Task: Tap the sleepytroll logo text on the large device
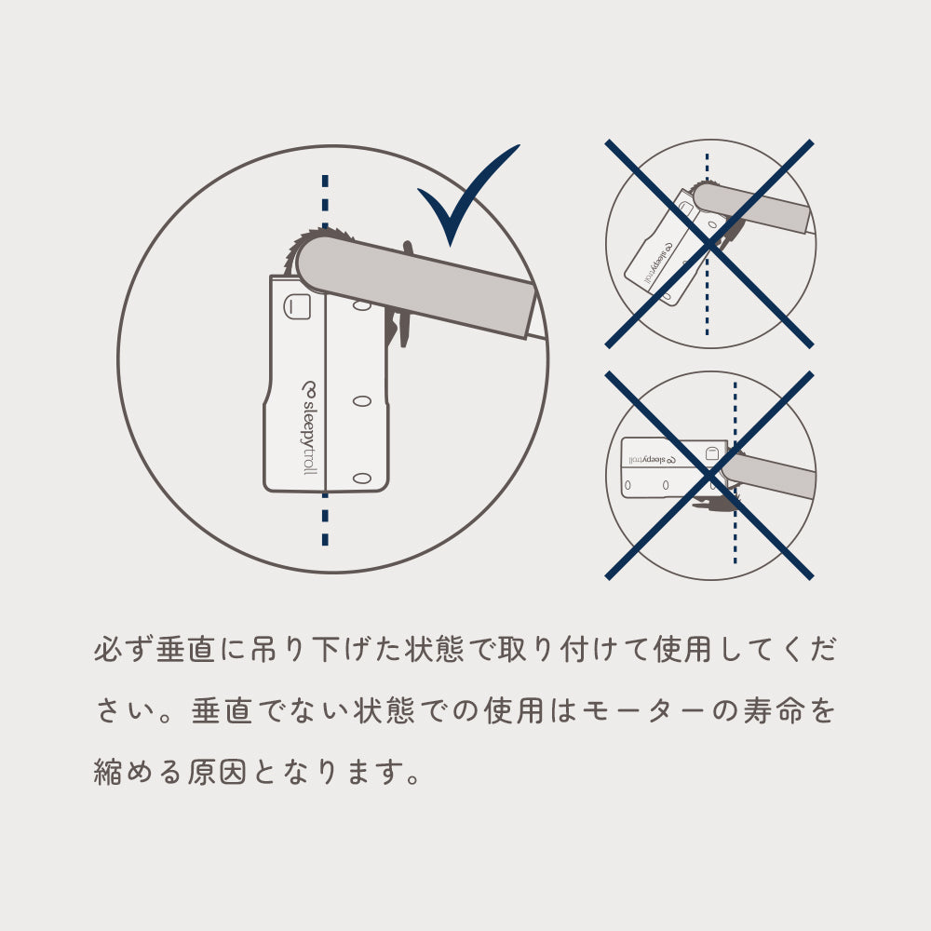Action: tap(309, 427)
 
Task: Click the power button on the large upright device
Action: tap(297, 306)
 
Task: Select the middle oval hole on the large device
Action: tap(361, 401)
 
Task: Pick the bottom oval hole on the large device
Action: tap(361, 478)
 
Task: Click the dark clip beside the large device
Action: tap(399, 309)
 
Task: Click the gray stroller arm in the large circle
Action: tap(415, 286)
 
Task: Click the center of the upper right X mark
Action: tap(708, 243)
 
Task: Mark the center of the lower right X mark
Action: tap(708, 475)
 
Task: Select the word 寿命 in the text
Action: tap(773, 710)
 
